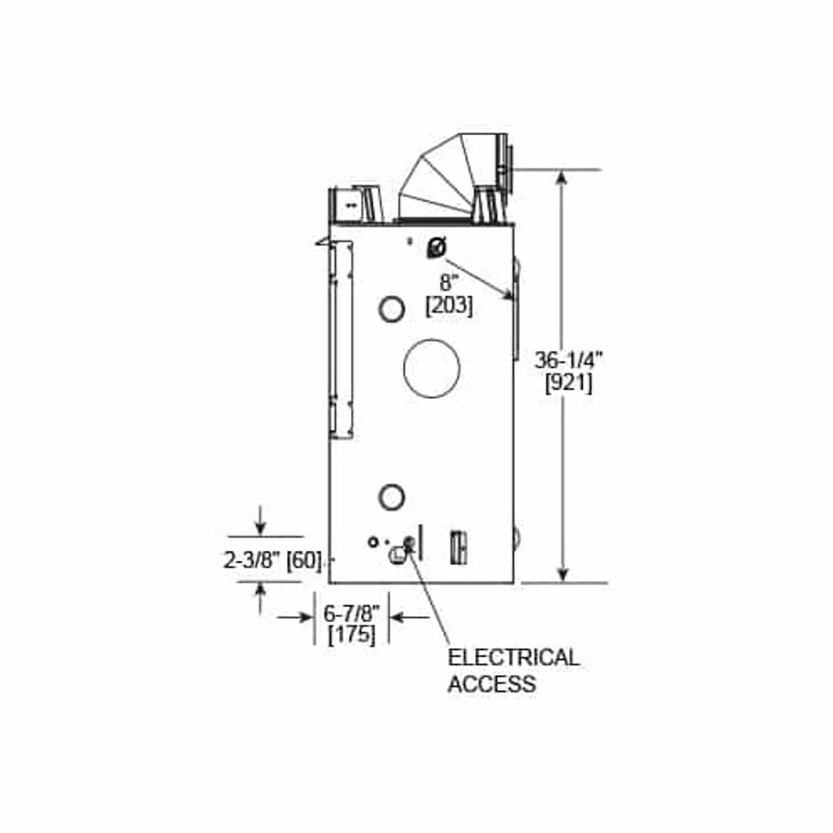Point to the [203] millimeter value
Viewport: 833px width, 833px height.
pos(449,305)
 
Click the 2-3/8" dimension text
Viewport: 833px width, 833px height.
pos(252,560)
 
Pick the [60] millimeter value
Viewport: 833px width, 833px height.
pos(304,560)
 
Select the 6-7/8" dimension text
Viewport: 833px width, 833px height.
pos(351,613)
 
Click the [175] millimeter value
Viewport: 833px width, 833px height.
pos(351,635)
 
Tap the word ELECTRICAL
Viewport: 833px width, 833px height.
pos(513,657)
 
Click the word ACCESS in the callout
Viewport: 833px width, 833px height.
pos(492,684)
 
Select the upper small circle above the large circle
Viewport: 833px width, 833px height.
pos(391,309)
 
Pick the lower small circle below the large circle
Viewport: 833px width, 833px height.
pos(391,497)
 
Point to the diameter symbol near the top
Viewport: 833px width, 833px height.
pos(436,248)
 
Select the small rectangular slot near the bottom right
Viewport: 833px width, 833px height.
pos(458,547)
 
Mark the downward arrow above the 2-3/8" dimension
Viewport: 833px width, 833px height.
pos(260,527)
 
